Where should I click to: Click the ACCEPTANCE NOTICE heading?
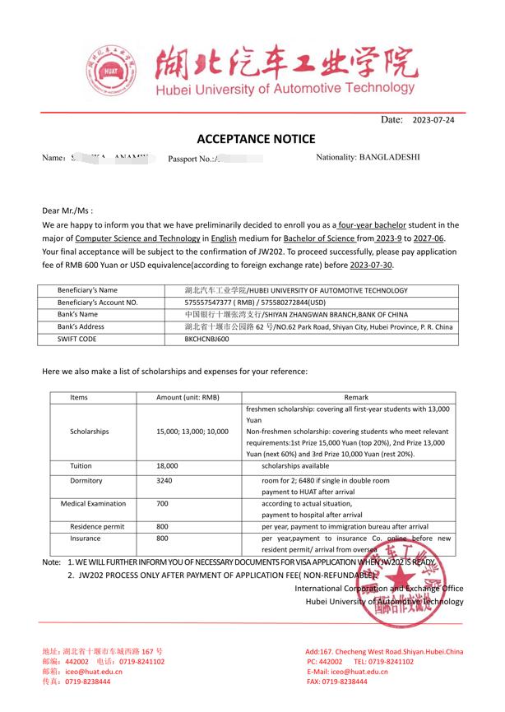pos(255,138)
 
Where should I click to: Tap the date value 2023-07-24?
pos(433,120)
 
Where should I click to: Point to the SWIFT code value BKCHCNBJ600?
pos(206,338)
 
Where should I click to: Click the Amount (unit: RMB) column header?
pos(188,397)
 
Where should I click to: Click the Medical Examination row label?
pos(93,503)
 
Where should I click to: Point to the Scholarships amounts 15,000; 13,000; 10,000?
pos(192,431)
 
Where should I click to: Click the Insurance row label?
pos(85,538)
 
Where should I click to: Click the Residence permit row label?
pos(96,526)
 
